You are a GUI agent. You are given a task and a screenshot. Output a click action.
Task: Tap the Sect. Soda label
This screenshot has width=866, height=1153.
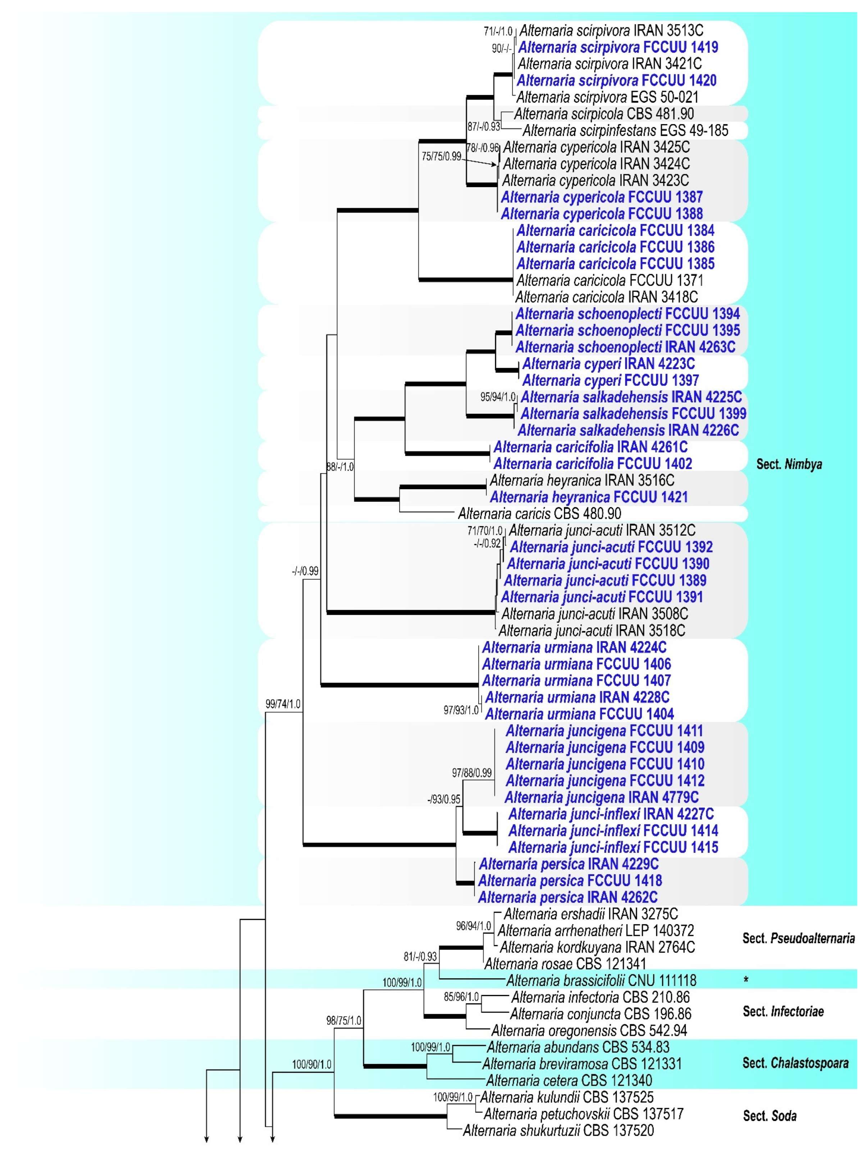tap(770, 1116)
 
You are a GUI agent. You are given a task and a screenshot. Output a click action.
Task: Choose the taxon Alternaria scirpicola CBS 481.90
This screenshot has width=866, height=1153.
tap(603, 114)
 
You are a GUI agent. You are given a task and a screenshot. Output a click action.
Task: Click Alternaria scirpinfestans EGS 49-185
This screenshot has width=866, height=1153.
tap(625, 130)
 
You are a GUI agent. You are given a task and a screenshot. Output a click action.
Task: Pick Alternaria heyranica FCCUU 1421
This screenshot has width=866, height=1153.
tap(588, 497)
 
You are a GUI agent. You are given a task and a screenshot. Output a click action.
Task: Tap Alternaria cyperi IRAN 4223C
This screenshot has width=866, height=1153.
tap(608, 363)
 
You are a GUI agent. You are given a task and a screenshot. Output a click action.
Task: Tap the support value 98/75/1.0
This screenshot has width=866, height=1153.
tap(343, 1020)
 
